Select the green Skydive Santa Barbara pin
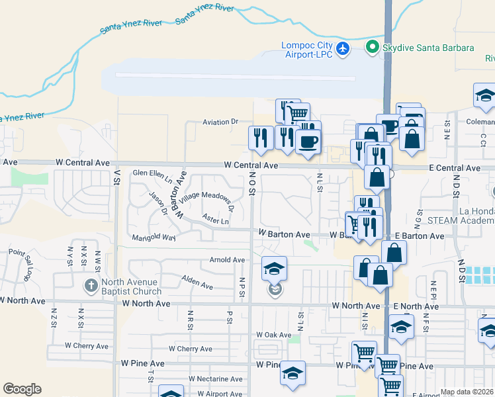(x=373, y=48)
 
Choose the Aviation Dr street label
(x=220, y=122)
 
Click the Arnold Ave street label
(x=227, y=260)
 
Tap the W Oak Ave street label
(x=273, y=335)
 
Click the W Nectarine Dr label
(x=215, y=379)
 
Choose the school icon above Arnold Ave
(x=274, y=268)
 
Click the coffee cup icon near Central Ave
(x=308, y=141)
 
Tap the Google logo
(x=22, y=389)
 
